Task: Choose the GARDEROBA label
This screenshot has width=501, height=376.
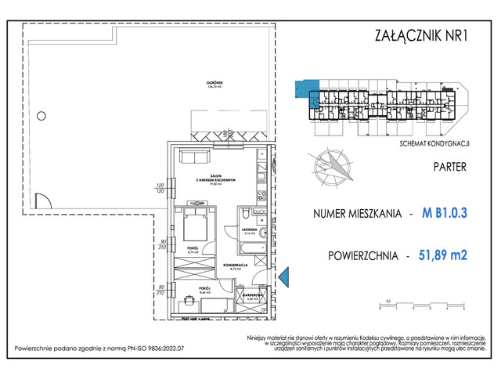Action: tap(252, 296)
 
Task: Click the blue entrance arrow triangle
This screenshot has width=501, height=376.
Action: tap(284, 275)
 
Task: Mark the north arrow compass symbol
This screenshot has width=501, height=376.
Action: tap(332, 164)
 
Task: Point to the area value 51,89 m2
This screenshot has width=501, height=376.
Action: tap(443, 255)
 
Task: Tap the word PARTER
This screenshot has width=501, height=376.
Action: tap(449, 167)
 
